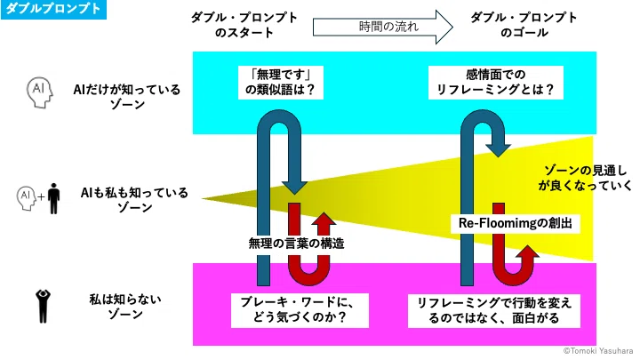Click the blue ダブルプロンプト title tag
pyautogui.click(x=53, y=9)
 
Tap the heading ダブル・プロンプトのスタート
pyautogui.click(x=244, y=25)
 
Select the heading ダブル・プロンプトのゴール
pyautogui.click(x=524, y=25)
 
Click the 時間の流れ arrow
pyautogui.click(x=383, y=27)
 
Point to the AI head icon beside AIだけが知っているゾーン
pyautogui.click(x=40, y=93)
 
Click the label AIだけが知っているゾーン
pyautogui.click(x=127, y=97)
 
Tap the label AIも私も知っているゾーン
pyautogui.click(x=134, y=200)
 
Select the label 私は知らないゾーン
pyautogui.click(x=125, y=307)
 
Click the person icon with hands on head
pyautogui.click(x=43, y=306)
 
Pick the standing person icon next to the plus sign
pyautogui.click(x=53, y=198)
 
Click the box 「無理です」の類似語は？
pyautogui.click(x=281, y=83)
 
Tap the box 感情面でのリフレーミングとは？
pyautogui.click(x=495, y=83)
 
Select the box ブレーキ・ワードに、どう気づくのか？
pyautogui.click(x=300, y=310)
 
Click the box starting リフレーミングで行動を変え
pyautogui.click(x=494, y=310)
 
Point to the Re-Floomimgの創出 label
pyautogui.click(x=515, y=223)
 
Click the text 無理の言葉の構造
pyautogui.click(x=297, y=244)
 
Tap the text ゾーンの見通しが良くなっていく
pyautogui.click(x=584, y=178)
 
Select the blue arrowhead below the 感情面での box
pyautogui.click(x=498, y=150)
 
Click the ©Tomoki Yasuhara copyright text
pyautogui.click(x=598, y=350)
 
